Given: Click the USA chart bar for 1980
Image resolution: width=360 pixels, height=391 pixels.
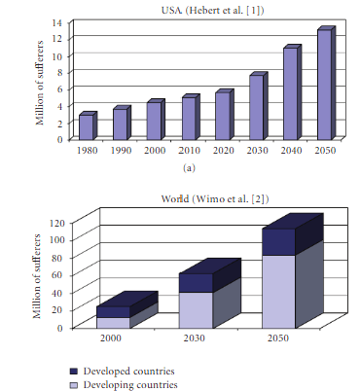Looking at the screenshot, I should [87, 126].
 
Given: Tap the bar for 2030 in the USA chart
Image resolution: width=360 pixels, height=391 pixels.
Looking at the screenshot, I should [256, 107].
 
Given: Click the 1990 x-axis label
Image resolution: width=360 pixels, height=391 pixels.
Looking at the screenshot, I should [121, 151].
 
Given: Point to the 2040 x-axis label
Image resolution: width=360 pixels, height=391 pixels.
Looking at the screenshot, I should [290, 151].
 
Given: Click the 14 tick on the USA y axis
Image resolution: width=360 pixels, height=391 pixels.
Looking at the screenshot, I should [59, 22].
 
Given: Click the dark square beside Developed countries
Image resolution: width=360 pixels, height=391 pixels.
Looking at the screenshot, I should [75, 371].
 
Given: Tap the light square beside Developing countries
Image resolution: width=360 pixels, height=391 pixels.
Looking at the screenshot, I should [75, 385].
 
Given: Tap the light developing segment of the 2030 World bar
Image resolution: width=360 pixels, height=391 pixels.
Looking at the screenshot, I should [195, 308].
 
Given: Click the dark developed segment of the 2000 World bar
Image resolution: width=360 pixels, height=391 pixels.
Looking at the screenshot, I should [112, 311].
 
